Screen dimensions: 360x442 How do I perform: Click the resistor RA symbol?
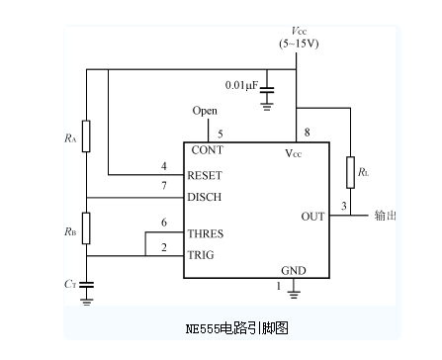click(86, 136)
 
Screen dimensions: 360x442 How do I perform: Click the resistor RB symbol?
click(86, 227)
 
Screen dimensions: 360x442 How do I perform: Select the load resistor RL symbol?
click(349, 171)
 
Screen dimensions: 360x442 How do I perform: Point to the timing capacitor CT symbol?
click(86, 285)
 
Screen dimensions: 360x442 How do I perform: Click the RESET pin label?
click(206, 175)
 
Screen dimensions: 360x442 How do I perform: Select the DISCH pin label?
click(206, 197)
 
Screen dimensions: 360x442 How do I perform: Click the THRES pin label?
click(206, 234)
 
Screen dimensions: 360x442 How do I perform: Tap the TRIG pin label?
click(203, 254)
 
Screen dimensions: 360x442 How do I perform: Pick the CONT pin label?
click(207, 150)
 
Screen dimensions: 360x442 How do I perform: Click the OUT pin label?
click(312, 216)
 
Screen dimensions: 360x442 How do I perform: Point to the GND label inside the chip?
click(294, 270)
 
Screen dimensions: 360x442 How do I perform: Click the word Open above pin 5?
click(205, 111)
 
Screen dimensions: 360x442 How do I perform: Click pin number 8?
click(308, 133)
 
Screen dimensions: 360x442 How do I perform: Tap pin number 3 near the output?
click(343, 206)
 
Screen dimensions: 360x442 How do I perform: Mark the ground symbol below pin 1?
click(294, 292)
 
